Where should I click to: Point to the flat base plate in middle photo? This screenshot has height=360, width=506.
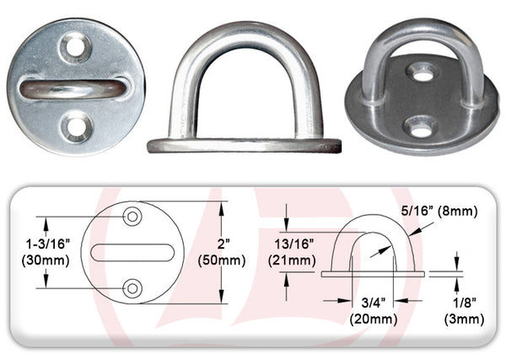click(245, 145)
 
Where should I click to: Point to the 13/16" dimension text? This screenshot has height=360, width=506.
click(293, 243)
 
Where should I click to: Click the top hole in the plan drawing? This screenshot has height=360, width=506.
click(132, 218)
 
